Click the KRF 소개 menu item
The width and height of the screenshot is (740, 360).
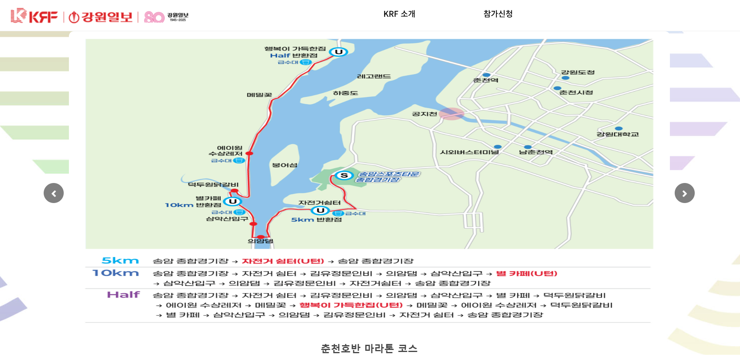click(x=399, y=14)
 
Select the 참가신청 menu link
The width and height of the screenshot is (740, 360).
click(x=498, y=14)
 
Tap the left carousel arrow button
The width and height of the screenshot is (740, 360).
click(x=54, y=193)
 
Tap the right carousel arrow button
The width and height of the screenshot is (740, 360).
click(x=684, y=193)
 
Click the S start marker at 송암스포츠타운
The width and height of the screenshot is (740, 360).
click(x=344, y=175)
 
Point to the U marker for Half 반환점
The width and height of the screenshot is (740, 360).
click(x=339, y=52)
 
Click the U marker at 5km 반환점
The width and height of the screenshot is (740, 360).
click(x=320, y=211)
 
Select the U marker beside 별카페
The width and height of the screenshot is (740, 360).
click(x=232, y=201)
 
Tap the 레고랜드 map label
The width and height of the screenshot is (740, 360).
click(x=374, y=76)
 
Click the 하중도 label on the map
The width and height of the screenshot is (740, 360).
click(x=345, y=93)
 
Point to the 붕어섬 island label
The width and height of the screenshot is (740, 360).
click(x=284, y=165)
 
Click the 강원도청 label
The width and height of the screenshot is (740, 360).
click(x=577, y=72)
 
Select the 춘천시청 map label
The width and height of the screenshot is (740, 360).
click(x=576, y=93)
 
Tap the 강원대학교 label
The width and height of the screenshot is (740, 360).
click(x=617, y=134)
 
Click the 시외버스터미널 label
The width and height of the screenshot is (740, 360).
click(x=469, y=153)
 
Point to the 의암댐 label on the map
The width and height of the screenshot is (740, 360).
click(x=260, y=241)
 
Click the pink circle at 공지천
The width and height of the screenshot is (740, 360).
click(x=451, y=114)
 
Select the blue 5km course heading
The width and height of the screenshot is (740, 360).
click(x=120, y=261)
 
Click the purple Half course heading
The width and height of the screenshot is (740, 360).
click(x=123, y=295)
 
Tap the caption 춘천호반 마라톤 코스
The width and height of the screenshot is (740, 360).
click(x=369, y=348)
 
